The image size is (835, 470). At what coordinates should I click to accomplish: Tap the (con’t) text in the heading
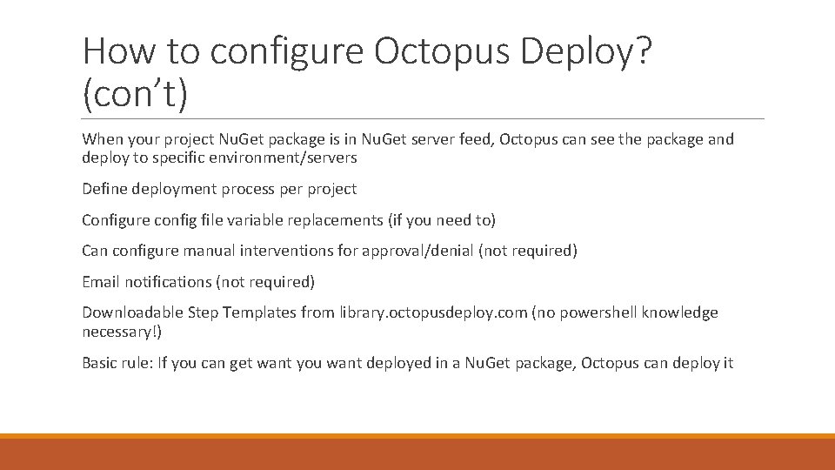click(x=135, y=94)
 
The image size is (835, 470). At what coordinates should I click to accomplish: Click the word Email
click(x=101, y=282)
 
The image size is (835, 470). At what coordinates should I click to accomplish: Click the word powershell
click(x=600, y=312)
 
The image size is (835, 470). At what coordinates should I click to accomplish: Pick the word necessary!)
click(x=122, y=332)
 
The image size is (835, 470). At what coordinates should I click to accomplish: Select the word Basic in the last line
click(x=101, y=363)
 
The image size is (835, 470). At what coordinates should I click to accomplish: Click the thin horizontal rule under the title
click(x=423, y=119)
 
